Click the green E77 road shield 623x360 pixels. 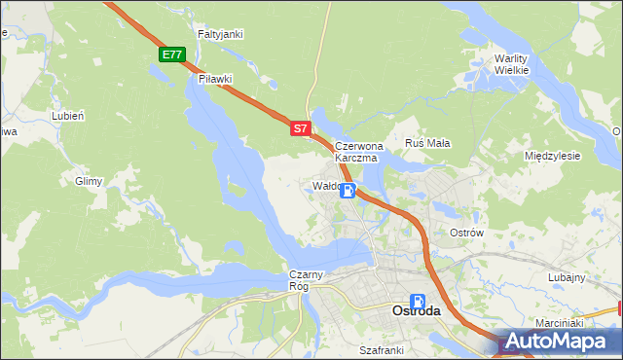173,54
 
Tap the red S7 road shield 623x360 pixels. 301,127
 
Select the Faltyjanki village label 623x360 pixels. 220,34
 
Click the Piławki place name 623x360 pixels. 216,79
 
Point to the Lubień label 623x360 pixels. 68,115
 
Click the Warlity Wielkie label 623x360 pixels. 511,63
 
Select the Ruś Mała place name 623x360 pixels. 427,143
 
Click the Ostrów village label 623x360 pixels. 467,233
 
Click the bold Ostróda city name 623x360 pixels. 416,311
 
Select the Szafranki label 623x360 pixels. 381,349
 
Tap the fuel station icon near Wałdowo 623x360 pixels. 348,191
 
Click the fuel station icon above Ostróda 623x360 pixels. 418,302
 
